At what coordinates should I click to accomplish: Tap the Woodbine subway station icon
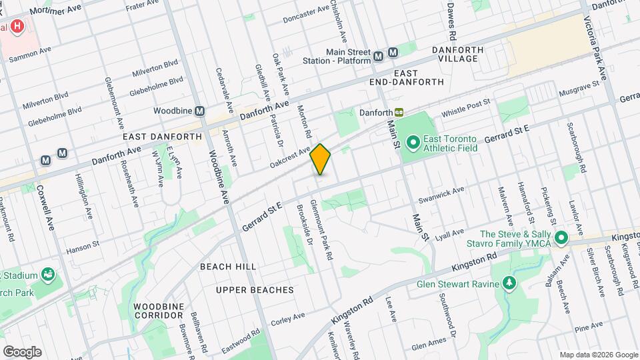pyautogui.click(x=199, y=110)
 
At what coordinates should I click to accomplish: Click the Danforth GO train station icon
pyautogui.click(x=399, y=113)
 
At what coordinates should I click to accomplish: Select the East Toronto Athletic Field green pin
pyautogui.click(x=413, y=141)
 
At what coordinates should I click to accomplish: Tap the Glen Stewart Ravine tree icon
pyautogui.click(x=509, y=283)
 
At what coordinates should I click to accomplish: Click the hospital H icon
pyautogui.click(x=17, y=27)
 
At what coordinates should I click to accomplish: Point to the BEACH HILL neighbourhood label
pyautogui.click(x=228, y=267)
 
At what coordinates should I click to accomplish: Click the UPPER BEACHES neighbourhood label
pyautogui.click(x=255, y=290)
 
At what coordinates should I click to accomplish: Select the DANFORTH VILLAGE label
pyautogui.click(x=465, y=50)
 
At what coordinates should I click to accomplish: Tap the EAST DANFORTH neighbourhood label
pyautogui.click(x=162, y=136)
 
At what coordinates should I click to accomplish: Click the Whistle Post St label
pyautogui.click(x=465, y=106)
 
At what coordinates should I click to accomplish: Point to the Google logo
pyautogui.click(x=22, y=351)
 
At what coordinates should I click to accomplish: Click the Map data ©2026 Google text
pyautogui.click(x=598, y=355)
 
